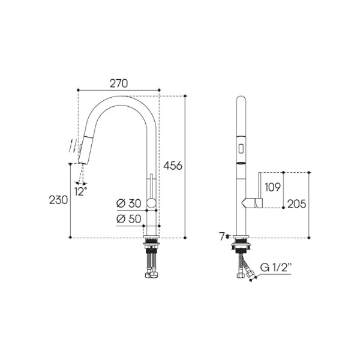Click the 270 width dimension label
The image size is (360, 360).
point(118,83)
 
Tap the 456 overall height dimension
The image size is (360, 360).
point(173,166)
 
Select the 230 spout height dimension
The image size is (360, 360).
point(59,200)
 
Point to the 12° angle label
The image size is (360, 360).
point(80,191)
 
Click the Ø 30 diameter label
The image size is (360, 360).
point(128,203)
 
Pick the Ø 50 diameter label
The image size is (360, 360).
point(128,219)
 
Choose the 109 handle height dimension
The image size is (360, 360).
point(272,187)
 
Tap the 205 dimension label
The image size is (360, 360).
point(297,204)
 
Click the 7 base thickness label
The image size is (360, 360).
point(222,236)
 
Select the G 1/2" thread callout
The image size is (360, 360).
point(276,268)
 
